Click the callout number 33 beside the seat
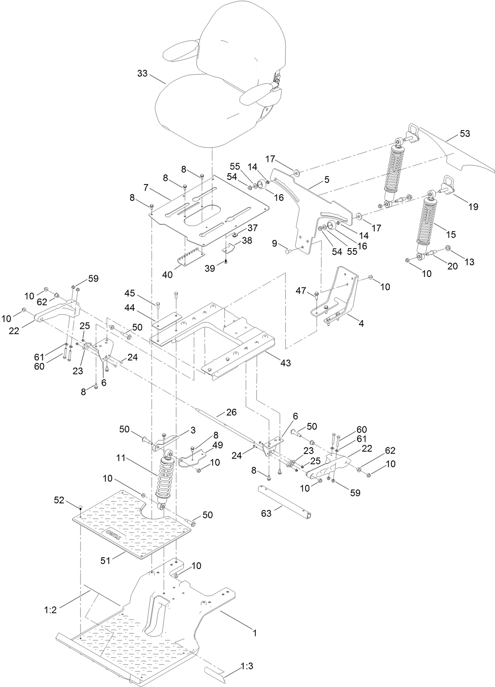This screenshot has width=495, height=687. (x=142, y=74)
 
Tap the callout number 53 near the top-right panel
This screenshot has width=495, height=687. (x=465, y=134)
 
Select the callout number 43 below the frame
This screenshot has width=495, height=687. (x=285, y=363)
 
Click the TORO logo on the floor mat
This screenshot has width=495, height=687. (x=113, y=535)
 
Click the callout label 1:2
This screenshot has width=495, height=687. (x=50, y=610)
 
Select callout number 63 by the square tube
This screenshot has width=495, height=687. (x=266, y=513)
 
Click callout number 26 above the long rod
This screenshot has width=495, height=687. (x=231, y=412)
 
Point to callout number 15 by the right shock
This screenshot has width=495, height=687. (x=451, y=234)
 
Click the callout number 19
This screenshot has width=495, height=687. (x=473, y=207)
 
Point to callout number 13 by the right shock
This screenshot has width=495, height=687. (x=469, y=262)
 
